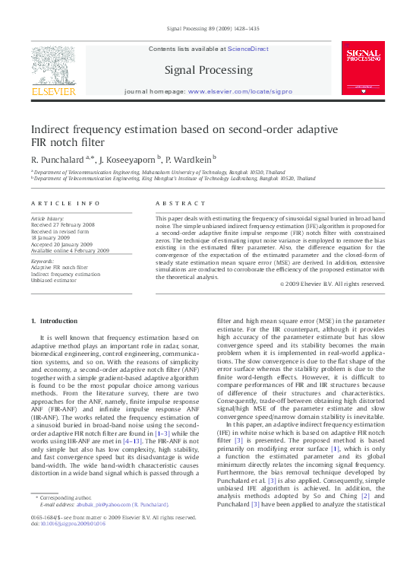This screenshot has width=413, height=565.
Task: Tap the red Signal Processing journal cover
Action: pyautogui.click(x=362, y=68)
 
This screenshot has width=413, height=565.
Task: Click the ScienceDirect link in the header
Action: pyautogui.click(x=248, y=49)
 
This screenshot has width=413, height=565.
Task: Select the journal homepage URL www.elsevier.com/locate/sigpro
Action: pyautogui.click(x=239, y=91)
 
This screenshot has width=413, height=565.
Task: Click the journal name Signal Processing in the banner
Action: pyautogui.click(x=206, y=70)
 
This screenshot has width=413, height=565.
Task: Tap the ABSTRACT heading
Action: pyautogui.click(x=175, y=204)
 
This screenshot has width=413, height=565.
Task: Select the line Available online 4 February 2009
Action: pyautogui.click(x=71, y=250)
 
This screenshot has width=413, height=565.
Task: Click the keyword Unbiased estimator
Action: pyautogui.click(x=58, y=281)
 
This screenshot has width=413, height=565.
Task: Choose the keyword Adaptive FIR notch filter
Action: pyautogui.click(x=59, y=268)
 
